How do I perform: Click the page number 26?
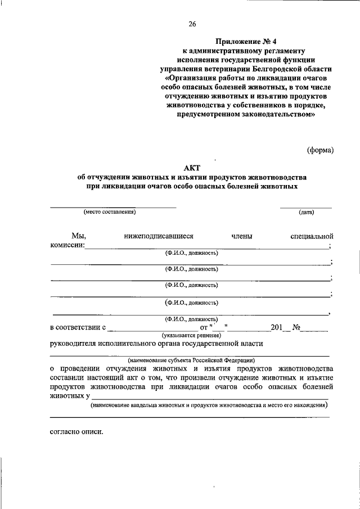tap(192, 23)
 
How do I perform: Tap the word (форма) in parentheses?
tap(320, 150)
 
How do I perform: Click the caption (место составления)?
tap(110, 212)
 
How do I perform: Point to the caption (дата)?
tap(307, 212)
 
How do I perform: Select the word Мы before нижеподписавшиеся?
tap(78, 237)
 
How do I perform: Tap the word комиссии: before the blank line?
tap(67, 246)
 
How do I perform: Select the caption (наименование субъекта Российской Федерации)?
tap(191, 359)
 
